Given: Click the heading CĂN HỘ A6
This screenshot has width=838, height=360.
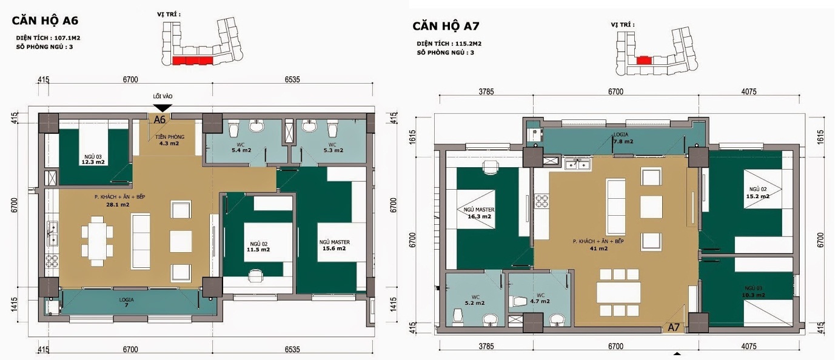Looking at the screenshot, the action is [45, 21].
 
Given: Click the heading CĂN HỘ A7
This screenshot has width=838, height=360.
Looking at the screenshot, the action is [446, 26].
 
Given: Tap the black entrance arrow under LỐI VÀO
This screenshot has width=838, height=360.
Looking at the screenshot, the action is [163, 108].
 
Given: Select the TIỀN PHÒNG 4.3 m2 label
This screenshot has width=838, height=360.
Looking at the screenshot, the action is [169, 140].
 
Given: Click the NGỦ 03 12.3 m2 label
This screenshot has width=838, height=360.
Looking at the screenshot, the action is [93, 159].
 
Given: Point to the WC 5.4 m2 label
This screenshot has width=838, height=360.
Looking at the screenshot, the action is [241, 148].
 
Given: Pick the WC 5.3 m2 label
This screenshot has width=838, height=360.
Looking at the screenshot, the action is [333, 148].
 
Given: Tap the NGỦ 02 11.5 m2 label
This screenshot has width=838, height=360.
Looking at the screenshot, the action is [258, 247].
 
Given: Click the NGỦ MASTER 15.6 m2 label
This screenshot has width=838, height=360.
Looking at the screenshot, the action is [335, 245].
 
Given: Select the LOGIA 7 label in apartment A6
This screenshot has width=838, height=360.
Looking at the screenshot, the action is [127, 302].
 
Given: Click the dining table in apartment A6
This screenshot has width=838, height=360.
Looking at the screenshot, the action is [97, 241].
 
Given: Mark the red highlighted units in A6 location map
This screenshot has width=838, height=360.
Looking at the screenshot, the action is [192, 61].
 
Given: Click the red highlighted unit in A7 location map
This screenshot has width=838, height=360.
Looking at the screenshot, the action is [644, 60].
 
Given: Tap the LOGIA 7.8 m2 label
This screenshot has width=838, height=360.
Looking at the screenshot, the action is [623, 138].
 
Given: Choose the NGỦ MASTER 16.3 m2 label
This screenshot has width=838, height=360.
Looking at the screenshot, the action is [479, 213].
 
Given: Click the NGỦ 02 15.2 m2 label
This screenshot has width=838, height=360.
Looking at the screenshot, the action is [758, 193].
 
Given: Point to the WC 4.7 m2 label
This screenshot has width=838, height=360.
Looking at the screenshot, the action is [540, 298].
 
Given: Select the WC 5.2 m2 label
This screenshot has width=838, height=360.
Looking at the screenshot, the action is [475, 300].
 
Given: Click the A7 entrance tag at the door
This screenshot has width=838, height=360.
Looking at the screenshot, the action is [674, 327].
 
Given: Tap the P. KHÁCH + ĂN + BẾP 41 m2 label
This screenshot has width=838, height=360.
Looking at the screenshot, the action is [598, 245].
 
